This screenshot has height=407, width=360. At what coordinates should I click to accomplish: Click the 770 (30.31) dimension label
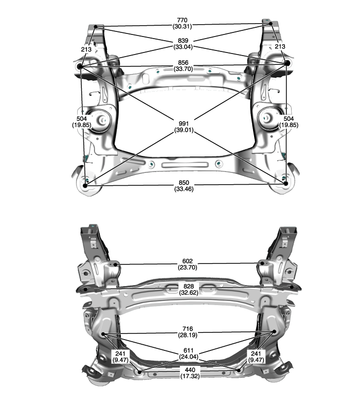(182, 23)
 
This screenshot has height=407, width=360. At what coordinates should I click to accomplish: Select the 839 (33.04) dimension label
(183, 44)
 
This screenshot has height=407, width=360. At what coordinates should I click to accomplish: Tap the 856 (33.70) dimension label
(183, 66)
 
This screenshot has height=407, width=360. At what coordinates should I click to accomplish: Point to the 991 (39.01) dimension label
(184, 127)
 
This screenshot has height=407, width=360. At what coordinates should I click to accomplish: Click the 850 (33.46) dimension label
(184, 186)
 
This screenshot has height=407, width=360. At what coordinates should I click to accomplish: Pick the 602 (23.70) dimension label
(187, 264)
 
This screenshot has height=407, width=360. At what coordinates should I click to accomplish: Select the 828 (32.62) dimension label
(189, 289)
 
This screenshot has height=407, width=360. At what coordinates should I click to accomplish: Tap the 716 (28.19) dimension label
(188, 332)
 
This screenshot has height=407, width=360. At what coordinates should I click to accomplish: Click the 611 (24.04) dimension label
(189, 354)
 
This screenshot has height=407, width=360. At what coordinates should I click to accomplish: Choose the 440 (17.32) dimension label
(190, 373)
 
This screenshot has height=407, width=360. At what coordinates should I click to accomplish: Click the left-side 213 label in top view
(86, 49)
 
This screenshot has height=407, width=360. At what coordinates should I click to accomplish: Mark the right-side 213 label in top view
(280, 46)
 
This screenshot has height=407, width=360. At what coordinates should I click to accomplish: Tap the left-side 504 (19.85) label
(81, 122)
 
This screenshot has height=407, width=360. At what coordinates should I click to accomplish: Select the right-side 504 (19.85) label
(289, 122)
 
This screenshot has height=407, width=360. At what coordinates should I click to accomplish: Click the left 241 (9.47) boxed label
(120, 357)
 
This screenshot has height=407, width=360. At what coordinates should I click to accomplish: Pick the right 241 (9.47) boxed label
(256, 357)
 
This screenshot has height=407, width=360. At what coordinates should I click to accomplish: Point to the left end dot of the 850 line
(85, 186)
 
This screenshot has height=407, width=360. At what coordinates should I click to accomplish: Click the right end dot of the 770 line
(271, 24)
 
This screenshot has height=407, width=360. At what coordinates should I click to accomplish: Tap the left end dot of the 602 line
(116, 264)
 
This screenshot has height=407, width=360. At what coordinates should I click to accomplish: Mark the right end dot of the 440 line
(239, 370)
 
